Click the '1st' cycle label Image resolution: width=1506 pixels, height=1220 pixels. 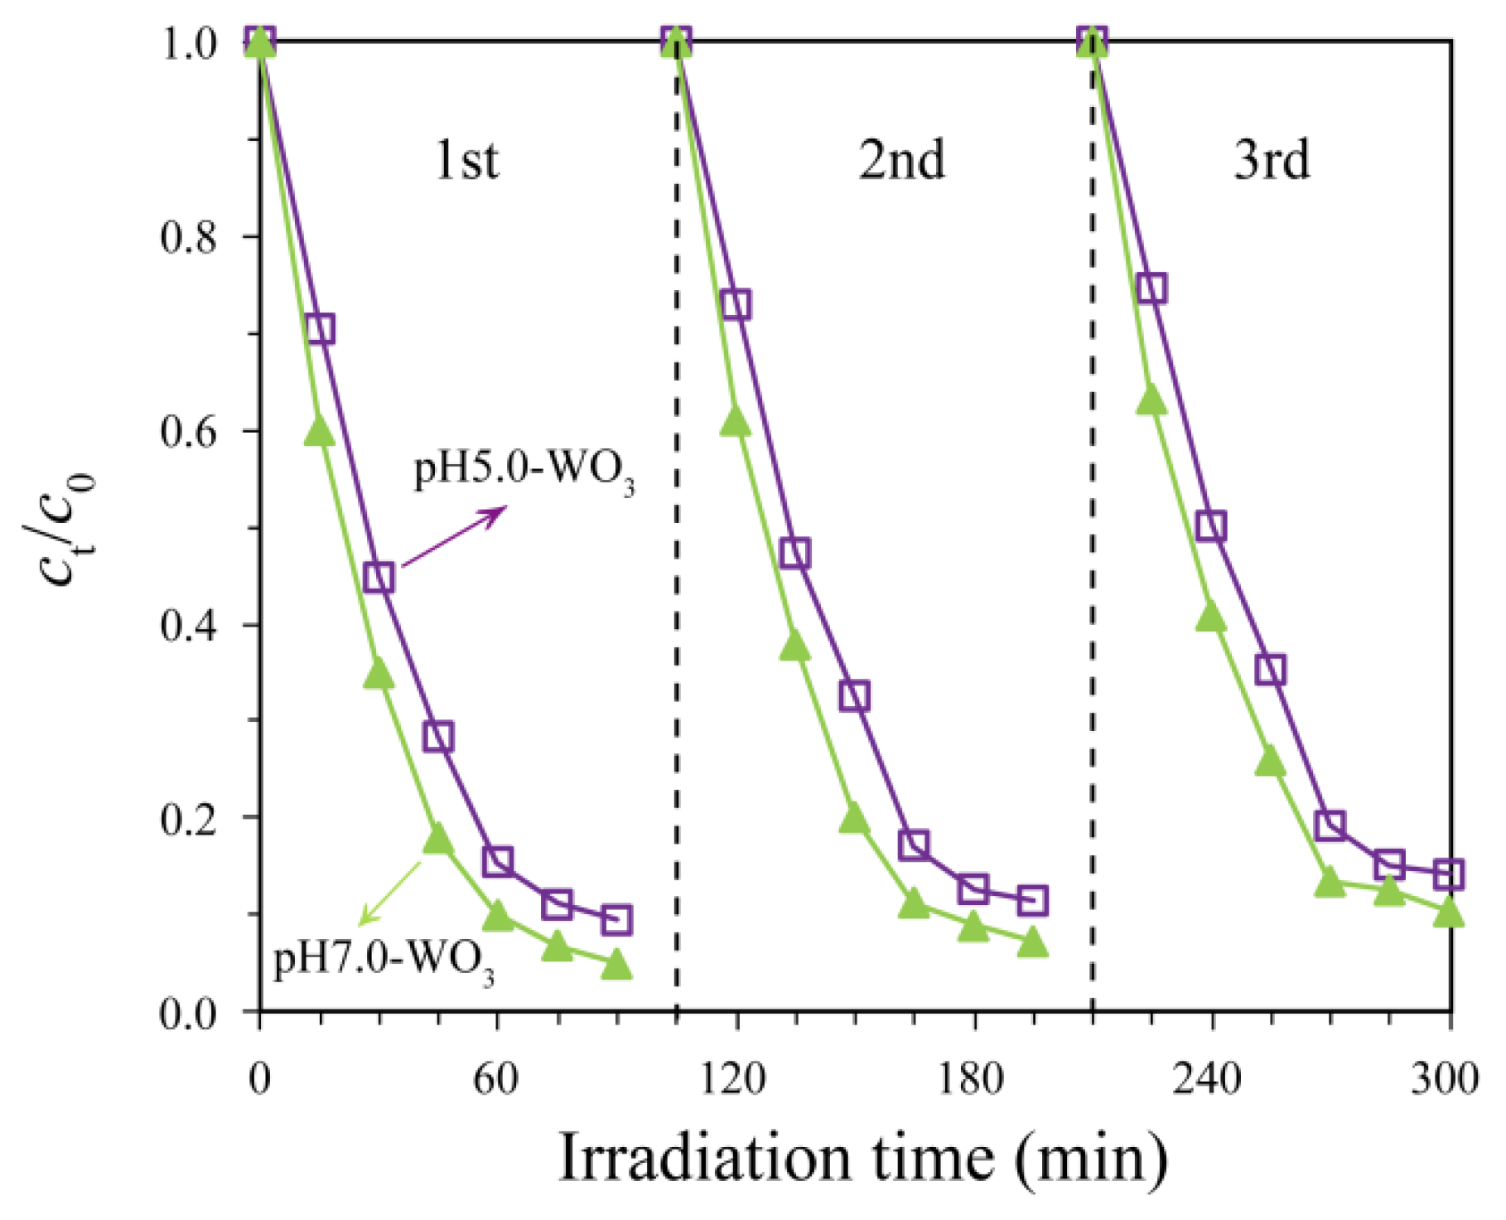(x=467, y=159)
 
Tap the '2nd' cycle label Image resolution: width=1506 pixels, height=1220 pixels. (x=901, y=159)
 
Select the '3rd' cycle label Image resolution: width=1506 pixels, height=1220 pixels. (x=1272, y=159)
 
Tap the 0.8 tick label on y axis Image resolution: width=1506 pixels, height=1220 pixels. (x=188, y=237)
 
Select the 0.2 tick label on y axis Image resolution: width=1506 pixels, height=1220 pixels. (x=188, y=819)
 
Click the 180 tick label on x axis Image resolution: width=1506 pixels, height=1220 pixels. (x=974, y=1080)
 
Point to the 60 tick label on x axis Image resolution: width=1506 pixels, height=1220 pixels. (x=497, y=1080)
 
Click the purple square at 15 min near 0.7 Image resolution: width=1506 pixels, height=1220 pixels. (x=320, y=329)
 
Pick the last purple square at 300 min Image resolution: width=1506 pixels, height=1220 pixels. (x=1449, y=874)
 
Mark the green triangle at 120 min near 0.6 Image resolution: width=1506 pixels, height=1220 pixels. (x=736, y=422)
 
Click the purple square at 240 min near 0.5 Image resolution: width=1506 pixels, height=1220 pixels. (x=1211, y=526)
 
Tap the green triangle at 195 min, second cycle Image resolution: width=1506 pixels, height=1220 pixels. (x=1032, y=943)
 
